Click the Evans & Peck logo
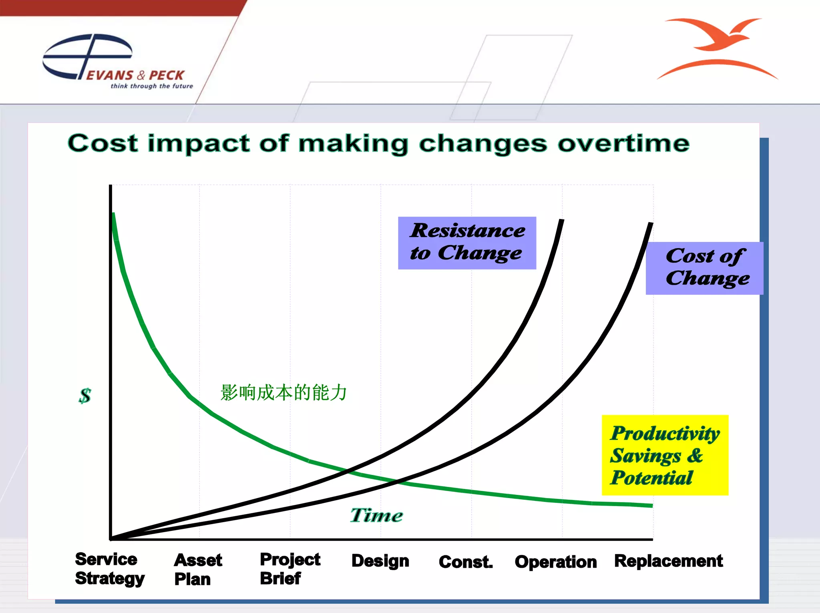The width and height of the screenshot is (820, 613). pos(116,62)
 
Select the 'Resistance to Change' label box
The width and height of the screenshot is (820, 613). pos(467,243)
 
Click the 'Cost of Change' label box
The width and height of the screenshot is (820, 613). pos(705,268)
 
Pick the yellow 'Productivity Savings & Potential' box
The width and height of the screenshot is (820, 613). pos(665,455)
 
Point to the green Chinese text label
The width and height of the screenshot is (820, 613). pos(283,392)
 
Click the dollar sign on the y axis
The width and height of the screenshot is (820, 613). pos(85,396)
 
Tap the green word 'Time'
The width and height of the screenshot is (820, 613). pos(376,515)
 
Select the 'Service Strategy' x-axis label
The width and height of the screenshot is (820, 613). pos(109,569)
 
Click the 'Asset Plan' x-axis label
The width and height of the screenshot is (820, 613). pos(197,570)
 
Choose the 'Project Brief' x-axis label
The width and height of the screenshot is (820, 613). pos(289,569)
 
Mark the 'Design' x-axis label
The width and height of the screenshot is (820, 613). pos(380,561)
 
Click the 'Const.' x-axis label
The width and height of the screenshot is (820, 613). pos(465,562)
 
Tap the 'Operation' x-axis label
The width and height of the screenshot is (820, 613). pos(555,562)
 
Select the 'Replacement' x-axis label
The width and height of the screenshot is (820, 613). pos(668,561)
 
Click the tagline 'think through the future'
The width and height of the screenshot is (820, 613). pos(152,86)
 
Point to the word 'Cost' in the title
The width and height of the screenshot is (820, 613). pos(103,143)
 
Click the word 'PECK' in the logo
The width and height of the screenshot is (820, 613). pos(167,75)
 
